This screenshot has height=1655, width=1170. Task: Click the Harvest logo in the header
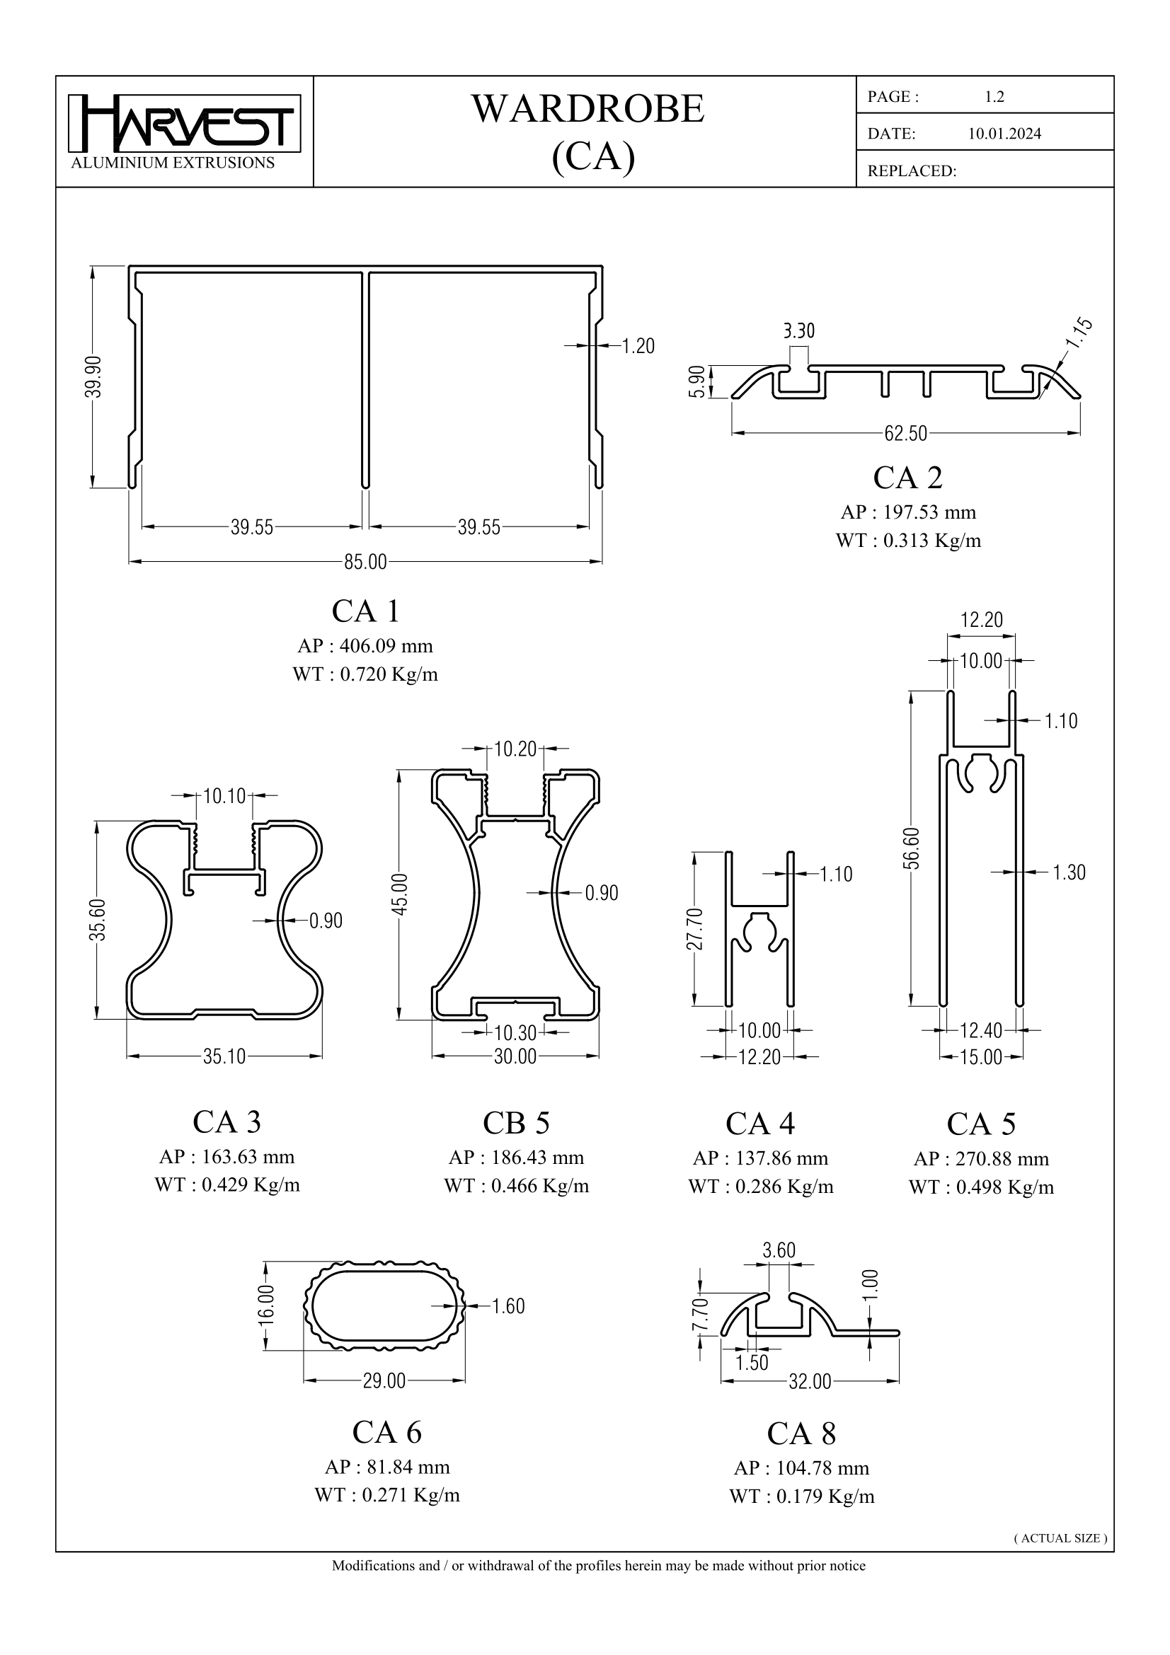185,124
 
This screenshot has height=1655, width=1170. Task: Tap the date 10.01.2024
1004,134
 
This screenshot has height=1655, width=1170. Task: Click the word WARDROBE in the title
587,110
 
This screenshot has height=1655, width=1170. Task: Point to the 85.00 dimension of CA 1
365,563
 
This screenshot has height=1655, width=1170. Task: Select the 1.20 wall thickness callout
638,347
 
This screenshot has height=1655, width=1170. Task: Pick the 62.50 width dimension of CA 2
905,434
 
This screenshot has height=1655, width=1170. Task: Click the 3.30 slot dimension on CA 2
798,332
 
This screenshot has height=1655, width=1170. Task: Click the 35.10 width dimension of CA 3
224,1057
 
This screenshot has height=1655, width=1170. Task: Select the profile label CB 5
516,1123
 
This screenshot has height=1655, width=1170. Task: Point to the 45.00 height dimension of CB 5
400,894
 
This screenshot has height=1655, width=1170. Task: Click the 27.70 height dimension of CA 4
695,930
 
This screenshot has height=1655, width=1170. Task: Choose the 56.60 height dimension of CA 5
911,848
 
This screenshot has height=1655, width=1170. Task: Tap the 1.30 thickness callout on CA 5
1068,873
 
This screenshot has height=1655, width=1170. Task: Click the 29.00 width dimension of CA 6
384,1382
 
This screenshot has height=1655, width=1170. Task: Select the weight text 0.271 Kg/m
411,1496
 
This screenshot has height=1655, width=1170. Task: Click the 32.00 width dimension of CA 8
810,1383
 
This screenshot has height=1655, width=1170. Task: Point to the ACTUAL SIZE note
1060,1538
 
